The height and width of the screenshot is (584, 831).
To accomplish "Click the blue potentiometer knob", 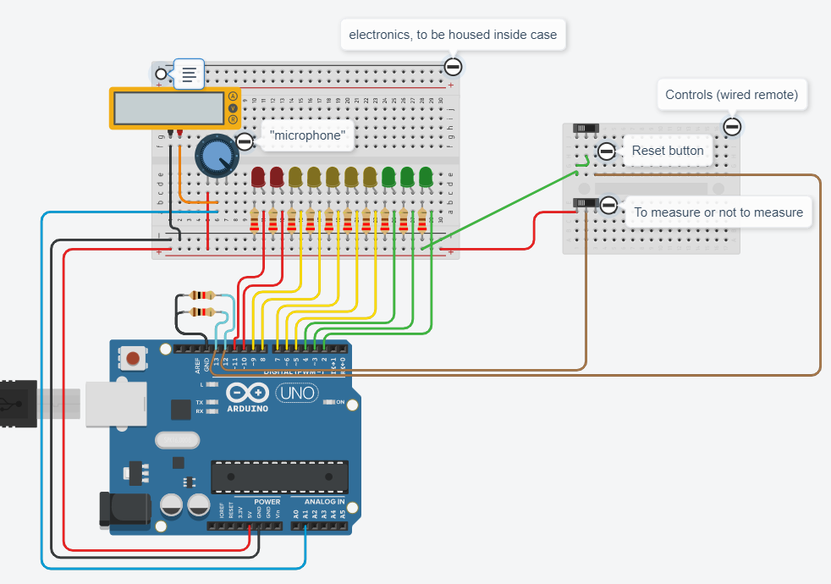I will tap(217, 156).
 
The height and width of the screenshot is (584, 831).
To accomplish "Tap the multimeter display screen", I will tap(168, 107).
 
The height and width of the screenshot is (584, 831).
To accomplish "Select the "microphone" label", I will tap(307, 135).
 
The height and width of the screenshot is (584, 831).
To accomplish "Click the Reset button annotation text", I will tap(668, 151).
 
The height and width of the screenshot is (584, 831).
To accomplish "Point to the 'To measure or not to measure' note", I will tap(718, 212).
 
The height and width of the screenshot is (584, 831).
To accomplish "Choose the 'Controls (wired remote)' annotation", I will tap(731, 95).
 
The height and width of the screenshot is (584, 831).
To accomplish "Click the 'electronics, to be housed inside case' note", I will tap(453, 35).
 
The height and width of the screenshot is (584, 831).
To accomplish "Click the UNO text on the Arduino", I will tap(296, 393).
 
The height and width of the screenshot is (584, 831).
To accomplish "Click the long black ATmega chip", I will tap(279, 477).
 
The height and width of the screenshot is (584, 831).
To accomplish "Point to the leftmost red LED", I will tap(259, 178).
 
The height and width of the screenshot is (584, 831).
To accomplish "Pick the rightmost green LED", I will tap(426, 178).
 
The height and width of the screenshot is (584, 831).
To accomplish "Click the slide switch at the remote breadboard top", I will tap(586, 128).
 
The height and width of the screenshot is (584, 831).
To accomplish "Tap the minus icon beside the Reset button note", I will tap(606, 152).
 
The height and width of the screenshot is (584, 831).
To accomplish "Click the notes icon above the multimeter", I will tap(190, 74).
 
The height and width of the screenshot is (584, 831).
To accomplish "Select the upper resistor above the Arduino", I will tap(203, 295).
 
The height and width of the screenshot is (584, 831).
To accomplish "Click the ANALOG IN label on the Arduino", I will tap(323, 502).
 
